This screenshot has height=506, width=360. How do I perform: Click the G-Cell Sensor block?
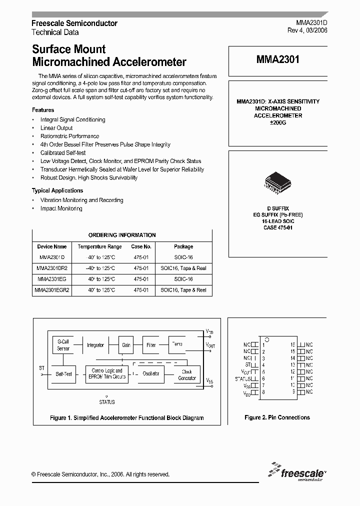click(63, 345)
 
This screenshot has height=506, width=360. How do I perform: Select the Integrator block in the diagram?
click(95, 345)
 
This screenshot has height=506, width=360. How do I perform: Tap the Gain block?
click(126, 345)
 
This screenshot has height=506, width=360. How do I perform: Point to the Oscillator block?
click(151, 373)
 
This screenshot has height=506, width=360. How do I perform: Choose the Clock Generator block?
click(186, 374)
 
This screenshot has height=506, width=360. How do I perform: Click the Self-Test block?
click(64, 374)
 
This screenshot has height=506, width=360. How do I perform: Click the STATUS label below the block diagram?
click(107, 401)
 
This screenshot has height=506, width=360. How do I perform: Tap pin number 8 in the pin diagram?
click(263, 392)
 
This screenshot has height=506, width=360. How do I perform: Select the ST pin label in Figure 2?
click(246, 365)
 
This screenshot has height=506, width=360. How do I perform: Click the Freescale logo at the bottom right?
click(296, 472)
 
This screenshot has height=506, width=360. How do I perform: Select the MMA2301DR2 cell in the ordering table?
click(51, 268)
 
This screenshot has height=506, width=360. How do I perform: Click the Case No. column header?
click(141, 246)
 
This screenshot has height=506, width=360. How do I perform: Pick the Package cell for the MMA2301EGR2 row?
click(183, 290)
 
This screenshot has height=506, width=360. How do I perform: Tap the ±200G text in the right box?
click(277, 122)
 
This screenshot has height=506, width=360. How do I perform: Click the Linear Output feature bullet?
click(56, 128)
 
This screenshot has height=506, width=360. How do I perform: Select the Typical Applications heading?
click(57, 190)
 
